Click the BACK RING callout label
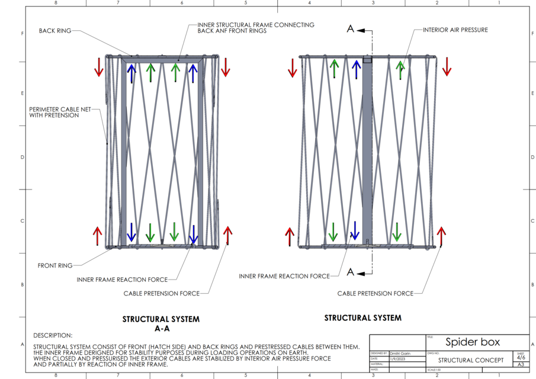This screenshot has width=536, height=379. point(54,31)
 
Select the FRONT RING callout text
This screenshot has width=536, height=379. point(55,265)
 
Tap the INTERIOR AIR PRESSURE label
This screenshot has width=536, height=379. point(455,29)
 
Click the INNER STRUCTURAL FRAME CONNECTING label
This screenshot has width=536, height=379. point(256,25)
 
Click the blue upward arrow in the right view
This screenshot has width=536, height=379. point(355,69)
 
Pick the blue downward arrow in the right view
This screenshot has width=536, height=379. point(355,230)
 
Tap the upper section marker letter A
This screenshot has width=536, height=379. point(351,28)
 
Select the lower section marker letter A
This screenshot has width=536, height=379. point(351,272)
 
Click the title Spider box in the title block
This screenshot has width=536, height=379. point(473,342)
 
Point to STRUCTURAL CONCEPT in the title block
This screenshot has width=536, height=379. point(471,359)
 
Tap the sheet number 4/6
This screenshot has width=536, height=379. point(521,358)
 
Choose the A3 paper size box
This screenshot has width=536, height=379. point(521,365)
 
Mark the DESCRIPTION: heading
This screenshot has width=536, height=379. point(53,335)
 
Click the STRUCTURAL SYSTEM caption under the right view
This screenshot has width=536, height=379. point(362,318)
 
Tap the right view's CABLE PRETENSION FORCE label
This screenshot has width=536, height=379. point(375,293)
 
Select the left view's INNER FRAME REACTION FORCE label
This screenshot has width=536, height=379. point(122,280)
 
